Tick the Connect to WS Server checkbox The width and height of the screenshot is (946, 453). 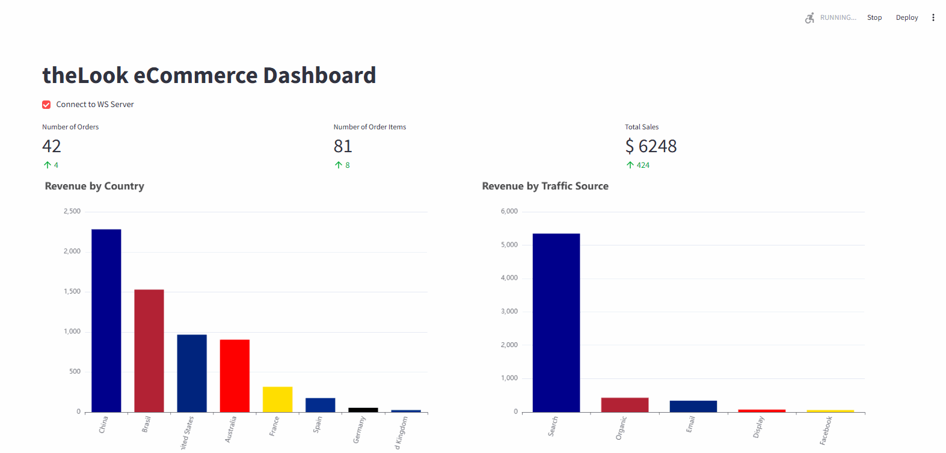pyautogui.click(x=46, y=105)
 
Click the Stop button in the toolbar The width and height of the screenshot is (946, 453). pyautogui.click(x=874, y=17)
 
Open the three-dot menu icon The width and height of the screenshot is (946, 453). pyautogui.click(x=933, y=17)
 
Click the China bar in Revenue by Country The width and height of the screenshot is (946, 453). pyautogui.click(x=106, y=320)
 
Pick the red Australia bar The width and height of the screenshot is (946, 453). pyautogui.click(x=235, y=375)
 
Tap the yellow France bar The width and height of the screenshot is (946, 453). pyautogui.click(x=277, y=399)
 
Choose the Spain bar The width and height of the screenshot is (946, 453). pyautogui.click(x=320, y=405)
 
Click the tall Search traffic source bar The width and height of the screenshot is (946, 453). pyautogui.click(x=556, y=322)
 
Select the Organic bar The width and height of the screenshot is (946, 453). pyautogui.click(x=625, y=405)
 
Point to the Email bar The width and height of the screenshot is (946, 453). pyautogui.click(x=693, y=406)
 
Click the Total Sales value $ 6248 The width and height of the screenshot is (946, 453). pyautogui.click(x=651, y=146)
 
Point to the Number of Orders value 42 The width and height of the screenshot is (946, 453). pyautogui.click(x=52, y=146)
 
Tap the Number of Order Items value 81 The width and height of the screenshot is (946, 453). pyautogui.click(x=343, y=146)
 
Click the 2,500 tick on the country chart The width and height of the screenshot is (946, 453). pyautogui.click(x=72, y=212)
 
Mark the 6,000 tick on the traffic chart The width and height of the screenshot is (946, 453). pyautogui.click(x=509, y=212)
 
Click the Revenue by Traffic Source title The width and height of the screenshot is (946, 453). pyautogui.click(x=545, y=186)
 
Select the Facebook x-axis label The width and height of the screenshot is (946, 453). pyautogui.click(x=826, y=430)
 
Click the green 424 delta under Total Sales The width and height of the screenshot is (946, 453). pyautogui.click(x=643, y=165)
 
